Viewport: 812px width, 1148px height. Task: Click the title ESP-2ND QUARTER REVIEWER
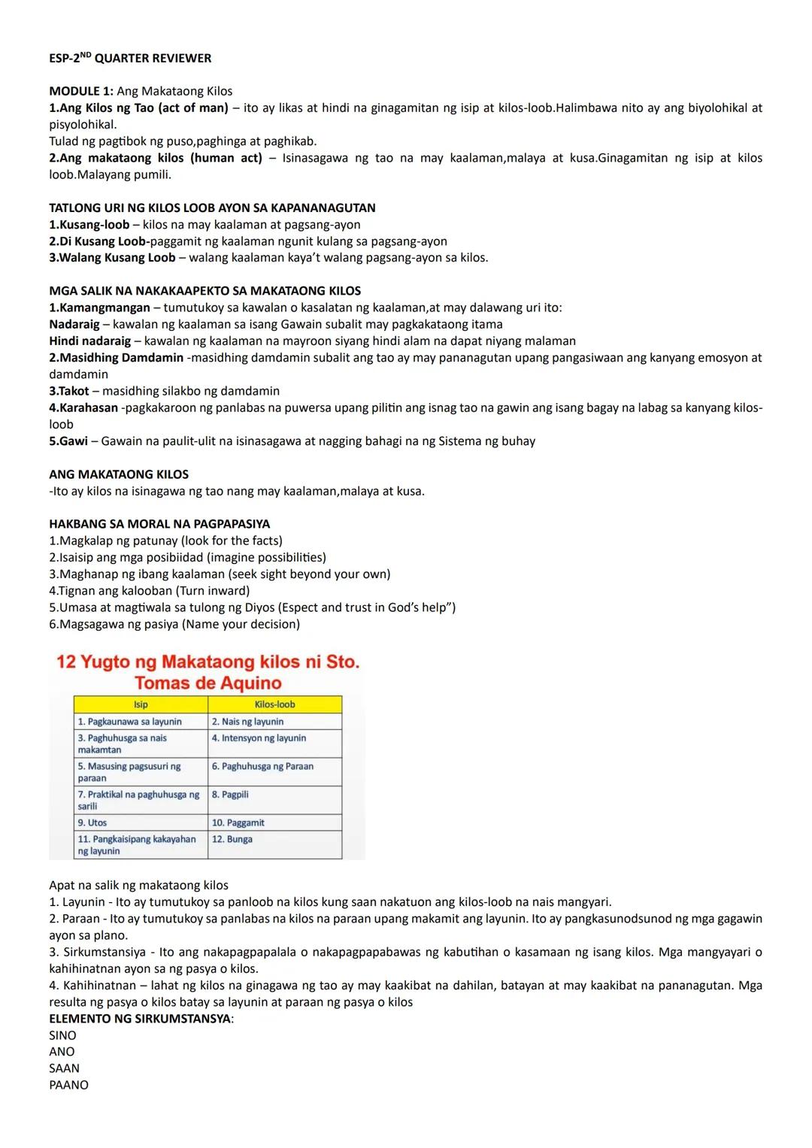130,58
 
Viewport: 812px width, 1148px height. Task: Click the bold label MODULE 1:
81,91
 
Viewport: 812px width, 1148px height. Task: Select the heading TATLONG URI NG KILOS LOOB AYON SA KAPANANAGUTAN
212,207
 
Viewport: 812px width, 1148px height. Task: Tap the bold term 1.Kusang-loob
89,225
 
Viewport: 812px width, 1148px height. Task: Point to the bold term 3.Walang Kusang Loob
112,258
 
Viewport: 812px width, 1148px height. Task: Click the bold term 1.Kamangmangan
99,307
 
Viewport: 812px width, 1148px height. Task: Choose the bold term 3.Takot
69,391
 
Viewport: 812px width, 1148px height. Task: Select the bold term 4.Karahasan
83,407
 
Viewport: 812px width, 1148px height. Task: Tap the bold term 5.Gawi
68,441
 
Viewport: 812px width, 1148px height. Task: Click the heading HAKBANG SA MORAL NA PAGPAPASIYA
159,524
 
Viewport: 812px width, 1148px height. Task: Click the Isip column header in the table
141,704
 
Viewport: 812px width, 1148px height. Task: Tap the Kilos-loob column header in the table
274,704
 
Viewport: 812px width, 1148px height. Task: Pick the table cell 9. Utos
93,822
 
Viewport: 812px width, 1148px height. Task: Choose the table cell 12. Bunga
232,839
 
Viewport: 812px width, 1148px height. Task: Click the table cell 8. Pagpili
230,795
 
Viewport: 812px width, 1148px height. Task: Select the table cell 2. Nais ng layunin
247,722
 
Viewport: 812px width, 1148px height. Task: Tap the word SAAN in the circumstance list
64,1068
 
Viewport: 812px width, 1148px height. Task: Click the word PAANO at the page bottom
68,1085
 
